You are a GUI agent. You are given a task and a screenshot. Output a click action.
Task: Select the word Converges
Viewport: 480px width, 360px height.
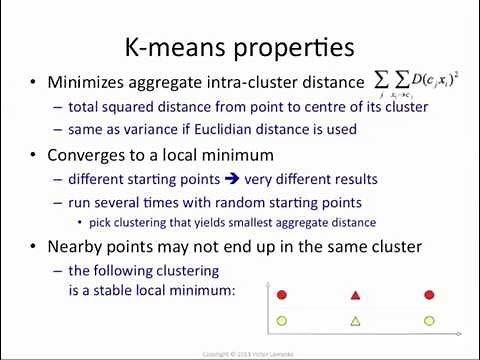(x=89, y=155)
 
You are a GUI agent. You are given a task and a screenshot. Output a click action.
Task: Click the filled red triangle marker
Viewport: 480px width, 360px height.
(x=355, y=295)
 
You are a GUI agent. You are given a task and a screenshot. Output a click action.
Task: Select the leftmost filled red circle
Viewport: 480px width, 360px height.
(x=282, y=295)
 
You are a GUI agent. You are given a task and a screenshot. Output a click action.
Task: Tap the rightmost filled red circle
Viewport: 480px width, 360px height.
(x=429, y=295)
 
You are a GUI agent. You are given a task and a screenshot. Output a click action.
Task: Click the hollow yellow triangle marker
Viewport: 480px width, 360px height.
(x=355, y=321)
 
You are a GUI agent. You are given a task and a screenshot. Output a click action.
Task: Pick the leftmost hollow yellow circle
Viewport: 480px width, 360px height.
(x=282, y=321)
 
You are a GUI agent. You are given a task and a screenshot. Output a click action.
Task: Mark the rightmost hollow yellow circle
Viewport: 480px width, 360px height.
(x=429, y=321)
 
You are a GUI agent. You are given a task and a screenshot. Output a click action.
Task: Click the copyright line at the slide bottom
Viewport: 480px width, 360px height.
(x=241, y=353)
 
